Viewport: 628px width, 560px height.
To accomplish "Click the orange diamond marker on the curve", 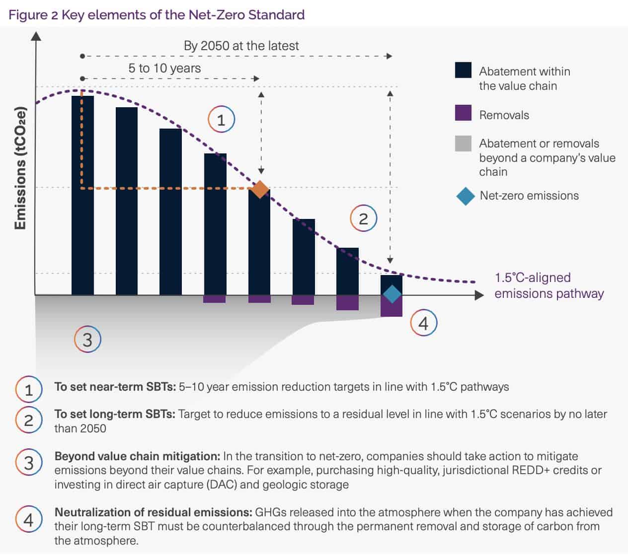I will tap(260, 189).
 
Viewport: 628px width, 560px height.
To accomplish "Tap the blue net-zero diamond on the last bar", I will tap(392, 294).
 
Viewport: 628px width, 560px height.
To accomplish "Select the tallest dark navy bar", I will tap(82, 199).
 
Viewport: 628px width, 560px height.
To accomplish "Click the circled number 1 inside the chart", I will tap(221, 120).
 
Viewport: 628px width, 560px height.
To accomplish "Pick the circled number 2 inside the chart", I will tap(363, 218).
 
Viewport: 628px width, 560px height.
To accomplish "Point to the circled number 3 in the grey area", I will tap(87, 340).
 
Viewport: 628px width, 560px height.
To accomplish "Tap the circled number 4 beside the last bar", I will tap(423, 323).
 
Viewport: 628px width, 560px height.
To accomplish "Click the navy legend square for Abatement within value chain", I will tap(463, 70).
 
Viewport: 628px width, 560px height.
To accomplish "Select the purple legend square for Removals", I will tap(463, 113).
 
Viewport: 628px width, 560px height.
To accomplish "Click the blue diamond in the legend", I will tap(466, 196).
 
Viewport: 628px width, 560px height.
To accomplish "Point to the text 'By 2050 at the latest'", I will tap(241, 46).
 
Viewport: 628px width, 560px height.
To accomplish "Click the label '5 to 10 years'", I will tap(164, 69).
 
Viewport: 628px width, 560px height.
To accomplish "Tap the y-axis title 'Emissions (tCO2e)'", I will tap(20, 168).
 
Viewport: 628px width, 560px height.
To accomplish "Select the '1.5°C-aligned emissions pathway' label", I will tap(549, 285).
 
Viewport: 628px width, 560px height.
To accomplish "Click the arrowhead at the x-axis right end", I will tap(479, 295).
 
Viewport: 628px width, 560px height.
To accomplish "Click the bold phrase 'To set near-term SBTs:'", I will tap(115, 387).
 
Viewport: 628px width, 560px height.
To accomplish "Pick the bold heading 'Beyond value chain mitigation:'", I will tap(137, 456).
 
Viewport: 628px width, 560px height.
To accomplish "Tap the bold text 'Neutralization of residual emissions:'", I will tap(153, 512).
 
